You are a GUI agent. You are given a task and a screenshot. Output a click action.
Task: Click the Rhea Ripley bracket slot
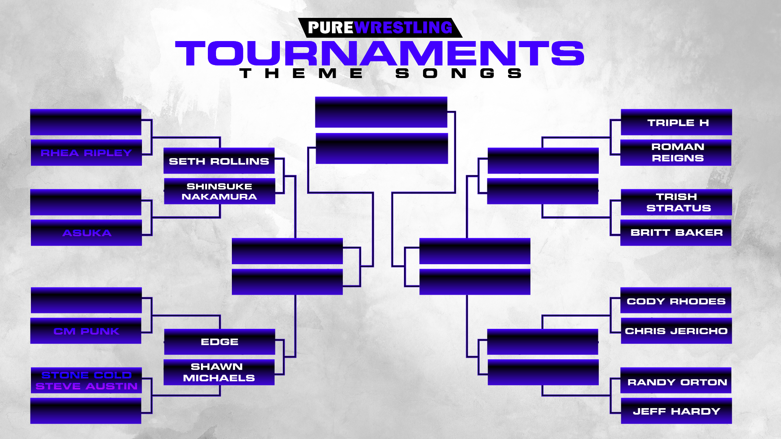coord(86,152)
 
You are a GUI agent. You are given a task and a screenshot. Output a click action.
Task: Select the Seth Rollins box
coord(219,161)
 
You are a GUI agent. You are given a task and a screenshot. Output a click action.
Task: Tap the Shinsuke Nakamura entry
coord(219,191)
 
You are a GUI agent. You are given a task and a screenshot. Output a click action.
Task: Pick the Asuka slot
coord(86,233)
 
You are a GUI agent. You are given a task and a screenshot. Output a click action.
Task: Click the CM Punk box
coord(86,331)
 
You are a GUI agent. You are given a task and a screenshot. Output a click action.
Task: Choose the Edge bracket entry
coord(219,342)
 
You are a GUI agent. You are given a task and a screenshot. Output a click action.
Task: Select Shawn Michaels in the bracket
coord(219,372)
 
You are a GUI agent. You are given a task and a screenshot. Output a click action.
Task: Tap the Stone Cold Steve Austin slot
coord(86,380)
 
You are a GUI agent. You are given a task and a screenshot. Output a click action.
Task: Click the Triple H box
coord(676,122)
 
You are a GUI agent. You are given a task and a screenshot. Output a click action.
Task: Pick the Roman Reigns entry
coord(676,152)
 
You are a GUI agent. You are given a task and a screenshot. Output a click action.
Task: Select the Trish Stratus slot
coord(676,202)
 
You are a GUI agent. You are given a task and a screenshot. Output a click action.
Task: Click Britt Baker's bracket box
coord(676,233)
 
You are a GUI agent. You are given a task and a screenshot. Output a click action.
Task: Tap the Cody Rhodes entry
coord(676,300)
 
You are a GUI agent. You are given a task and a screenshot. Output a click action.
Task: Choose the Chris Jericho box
coord(676,331)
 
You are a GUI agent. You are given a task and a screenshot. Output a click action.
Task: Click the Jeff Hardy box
coord(676,411)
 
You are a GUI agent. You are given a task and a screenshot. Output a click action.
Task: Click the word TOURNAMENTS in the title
coord(380,53)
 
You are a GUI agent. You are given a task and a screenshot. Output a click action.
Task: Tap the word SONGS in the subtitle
coord(458,73)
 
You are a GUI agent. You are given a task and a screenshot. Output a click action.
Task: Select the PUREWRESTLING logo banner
coord(380,28)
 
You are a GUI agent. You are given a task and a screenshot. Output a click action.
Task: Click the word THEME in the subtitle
coord(301,73)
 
